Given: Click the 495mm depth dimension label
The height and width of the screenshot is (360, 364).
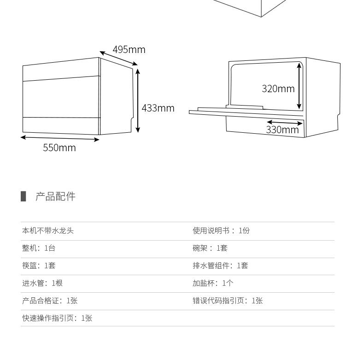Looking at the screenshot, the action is (129, 49).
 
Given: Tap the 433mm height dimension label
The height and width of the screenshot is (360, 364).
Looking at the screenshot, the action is (158, 108).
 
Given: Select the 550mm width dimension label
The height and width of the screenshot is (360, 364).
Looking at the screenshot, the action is (59, 148).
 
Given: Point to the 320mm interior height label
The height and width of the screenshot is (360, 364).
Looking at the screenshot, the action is (278, 89).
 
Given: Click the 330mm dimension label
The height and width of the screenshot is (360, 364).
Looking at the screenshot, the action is (282, 130).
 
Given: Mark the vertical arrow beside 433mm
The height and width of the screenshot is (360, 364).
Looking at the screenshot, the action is (138, 100).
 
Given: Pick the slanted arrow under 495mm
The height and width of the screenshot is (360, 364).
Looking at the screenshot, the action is (118, 58).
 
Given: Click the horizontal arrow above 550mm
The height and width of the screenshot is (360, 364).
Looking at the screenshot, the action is (60, 138).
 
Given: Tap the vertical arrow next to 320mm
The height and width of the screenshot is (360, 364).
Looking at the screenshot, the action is (299, 86).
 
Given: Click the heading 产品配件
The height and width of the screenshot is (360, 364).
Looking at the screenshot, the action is (55, 196).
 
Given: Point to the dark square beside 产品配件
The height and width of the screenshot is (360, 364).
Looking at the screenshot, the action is (23, 196).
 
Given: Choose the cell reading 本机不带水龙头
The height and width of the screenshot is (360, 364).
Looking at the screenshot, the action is (48, 230).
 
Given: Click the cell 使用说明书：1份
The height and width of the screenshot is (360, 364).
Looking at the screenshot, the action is (221, 230).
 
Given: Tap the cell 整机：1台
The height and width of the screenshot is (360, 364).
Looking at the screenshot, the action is (39, 248).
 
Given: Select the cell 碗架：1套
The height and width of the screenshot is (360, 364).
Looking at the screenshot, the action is (210, 248).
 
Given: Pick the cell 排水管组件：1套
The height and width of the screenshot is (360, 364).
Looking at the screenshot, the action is (220, 266).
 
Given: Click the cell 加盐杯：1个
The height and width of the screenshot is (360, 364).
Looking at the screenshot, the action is (213, 283).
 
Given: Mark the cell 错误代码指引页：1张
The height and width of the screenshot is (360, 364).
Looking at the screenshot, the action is (228, 301).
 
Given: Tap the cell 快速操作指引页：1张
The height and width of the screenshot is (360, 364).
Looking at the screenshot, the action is (57, 318).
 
